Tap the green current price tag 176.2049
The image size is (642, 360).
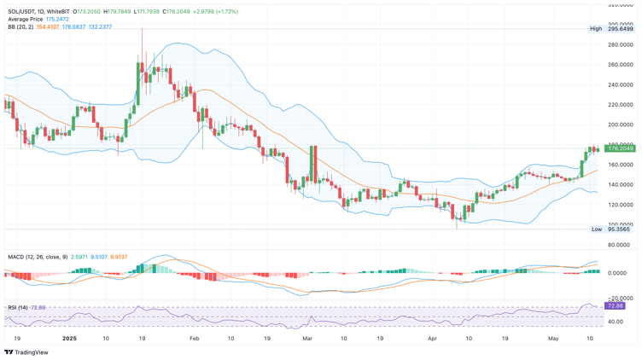click(620, 148)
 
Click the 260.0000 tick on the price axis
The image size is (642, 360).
click(620, 65)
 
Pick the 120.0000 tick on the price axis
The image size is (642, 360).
click(620, 205)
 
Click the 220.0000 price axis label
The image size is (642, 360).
click(620, 105)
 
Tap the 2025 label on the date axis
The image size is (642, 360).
click(70, 339)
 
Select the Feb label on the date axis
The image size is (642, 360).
click(194, 339)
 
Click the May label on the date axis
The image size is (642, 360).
click(552, 339)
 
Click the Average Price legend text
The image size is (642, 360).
click(26, 20)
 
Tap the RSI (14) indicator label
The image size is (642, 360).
click(18, 307)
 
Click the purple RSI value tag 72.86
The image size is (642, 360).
click(615, 305)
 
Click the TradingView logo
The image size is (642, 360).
click(27, 351)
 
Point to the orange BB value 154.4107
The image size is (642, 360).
click(48, 27)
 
